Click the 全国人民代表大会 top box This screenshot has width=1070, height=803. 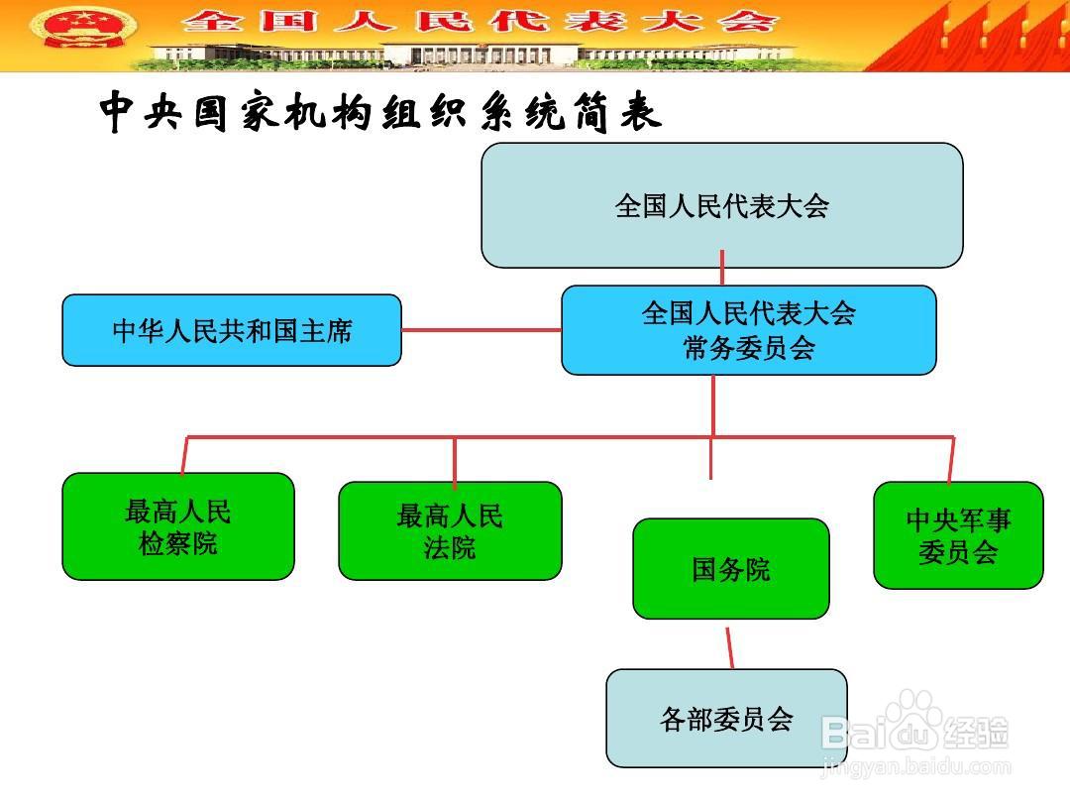click(721, 205)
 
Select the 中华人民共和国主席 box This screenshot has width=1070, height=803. click(232, 330)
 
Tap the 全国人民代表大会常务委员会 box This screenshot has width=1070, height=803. click(748, 330)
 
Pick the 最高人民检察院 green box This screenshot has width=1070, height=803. click(178, 526)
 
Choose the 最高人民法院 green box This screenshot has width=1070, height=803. click(450, 530)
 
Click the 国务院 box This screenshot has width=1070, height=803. click(730, 569)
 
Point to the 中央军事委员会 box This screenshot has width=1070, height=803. click(958, 535)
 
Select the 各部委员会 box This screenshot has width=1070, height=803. click(726, 719)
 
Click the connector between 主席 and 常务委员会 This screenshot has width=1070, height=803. click(481, 330)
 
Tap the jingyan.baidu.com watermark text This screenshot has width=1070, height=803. click(916, 767)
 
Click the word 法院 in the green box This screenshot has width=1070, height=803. click(450, 547)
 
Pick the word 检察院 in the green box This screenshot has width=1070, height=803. click(178, 543)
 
